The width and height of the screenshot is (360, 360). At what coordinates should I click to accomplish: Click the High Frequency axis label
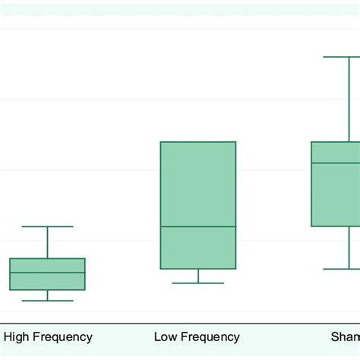pos(49,336)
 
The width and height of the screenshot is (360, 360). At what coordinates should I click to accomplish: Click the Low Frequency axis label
pos(197,336)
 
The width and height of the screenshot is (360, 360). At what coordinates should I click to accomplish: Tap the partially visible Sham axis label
pos(345,336)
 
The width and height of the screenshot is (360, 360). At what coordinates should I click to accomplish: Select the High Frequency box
pos(47,282)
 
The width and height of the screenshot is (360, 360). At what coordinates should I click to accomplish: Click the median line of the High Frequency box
pos(47,273)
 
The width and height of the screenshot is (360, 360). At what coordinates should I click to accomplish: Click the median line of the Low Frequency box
pos(198,226)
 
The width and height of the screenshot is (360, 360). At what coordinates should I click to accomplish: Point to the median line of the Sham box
pos(336,163)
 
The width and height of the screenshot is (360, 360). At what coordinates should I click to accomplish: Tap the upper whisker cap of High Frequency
pos(47,226)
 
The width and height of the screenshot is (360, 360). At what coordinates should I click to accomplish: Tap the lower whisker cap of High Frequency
pos(47,301)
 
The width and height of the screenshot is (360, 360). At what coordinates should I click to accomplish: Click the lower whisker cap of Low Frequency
pos(198,283)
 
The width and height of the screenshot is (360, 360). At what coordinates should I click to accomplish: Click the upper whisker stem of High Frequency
pos(47,242)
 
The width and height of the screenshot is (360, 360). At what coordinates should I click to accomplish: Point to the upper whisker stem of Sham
pos(350,99)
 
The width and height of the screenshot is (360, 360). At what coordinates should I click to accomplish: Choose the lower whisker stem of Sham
pos(350,248)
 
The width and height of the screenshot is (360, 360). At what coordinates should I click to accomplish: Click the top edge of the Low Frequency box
pos(198,142)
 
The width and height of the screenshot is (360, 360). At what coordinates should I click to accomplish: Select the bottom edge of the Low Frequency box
pos(198,269)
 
